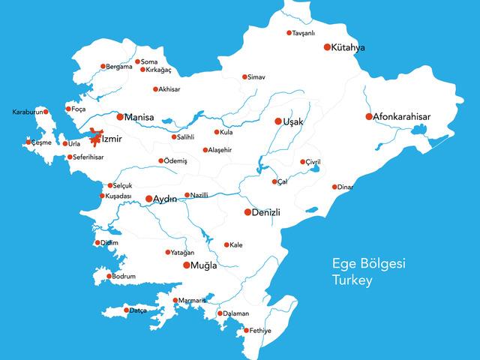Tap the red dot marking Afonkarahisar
[x=369, y=116]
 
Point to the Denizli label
[x=266, y=212]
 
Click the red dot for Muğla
[x=187, y=265]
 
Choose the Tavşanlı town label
[x=308, y=33]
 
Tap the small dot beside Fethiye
[x=246, y=331]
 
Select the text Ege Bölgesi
[x=368, y=264]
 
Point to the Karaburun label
[x=27, y=112]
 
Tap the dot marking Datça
[x=126, y=310]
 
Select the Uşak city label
[x=293, y=121]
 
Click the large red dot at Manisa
[x=120, y=117]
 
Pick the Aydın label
[x=166, y=199]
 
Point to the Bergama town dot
[x=103, y=66]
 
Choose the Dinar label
[x=345, y=187]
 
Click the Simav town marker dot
[x=244, y=76]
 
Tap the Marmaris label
[x=192, y=301]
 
